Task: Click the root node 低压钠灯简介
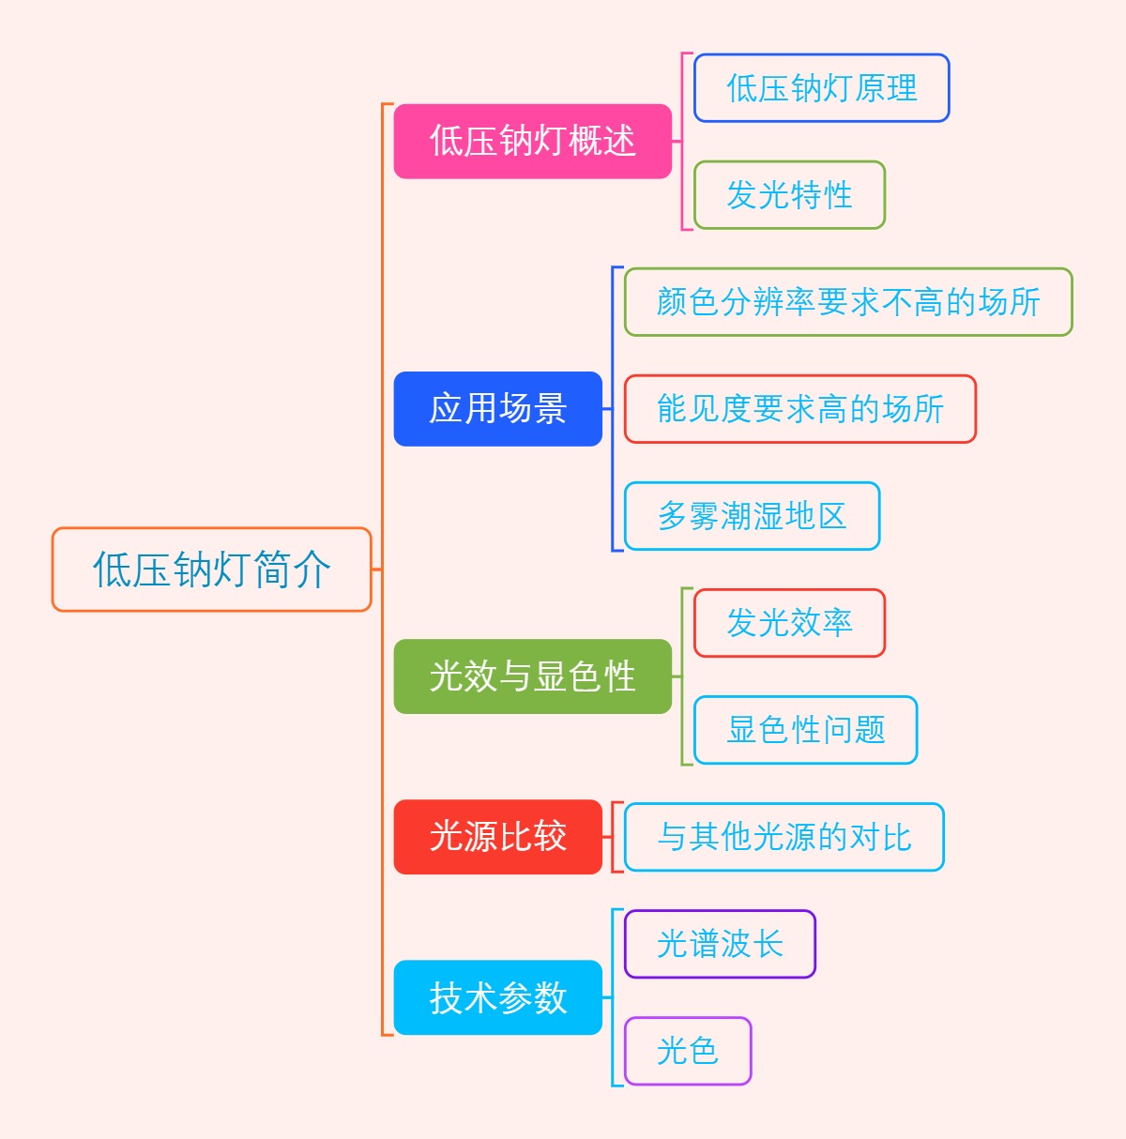click(212, 569)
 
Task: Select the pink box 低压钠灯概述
click(532, 142)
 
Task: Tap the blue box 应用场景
click(497, 409)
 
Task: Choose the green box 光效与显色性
click(532, 676)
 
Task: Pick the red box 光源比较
click(497, 837)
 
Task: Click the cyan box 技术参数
click(497, 997)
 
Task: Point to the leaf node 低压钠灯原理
click(821, 88)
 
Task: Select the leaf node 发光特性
click(789, 195)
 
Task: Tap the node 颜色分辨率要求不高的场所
click(848, 302)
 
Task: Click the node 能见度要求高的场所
click(799, 409)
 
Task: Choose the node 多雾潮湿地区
click(752, 516)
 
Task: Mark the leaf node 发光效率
click(789, 623)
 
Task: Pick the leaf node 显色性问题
click(805, 730)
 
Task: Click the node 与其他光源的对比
click(784, 837)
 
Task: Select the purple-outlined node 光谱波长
click(720, 944)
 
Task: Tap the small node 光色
click(688, 1051)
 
